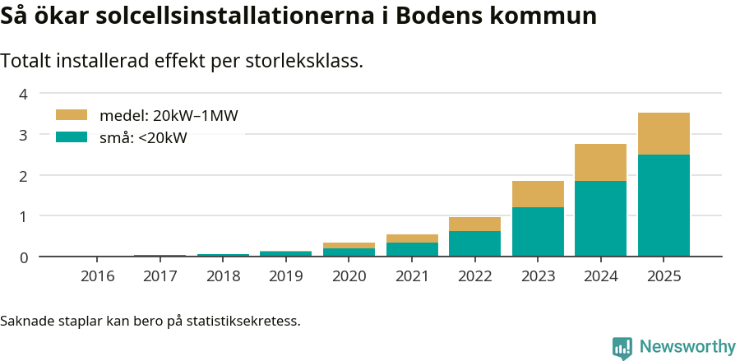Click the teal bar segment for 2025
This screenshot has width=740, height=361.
664,206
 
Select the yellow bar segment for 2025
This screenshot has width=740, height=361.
664,134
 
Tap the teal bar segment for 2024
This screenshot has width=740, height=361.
600,219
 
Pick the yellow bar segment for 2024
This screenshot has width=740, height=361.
600,163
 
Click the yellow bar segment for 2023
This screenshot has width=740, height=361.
538,194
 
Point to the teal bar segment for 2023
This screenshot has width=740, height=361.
538,232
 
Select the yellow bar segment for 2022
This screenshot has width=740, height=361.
474,224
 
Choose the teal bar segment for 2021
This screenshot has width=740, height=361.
412,249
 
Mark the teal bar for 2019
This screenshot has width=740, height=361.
285,253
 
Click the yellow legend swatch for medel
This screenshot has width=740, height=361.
71,115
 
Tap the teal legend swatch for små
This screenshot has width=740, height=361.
71,137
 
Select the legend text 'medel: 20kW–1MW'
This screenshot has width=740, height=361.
169,116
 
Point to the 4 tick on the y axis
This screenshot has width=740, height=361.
23,94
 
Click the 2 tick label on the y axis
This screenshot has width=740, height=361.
23,175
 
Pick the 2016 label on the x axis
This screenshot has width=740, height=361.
97,275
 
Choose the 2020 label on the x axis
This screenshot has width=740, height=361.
349,275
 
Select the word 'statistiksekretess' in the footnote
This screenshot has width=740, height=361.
243,320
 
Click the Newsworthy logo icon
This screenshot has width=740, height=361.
622,347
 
